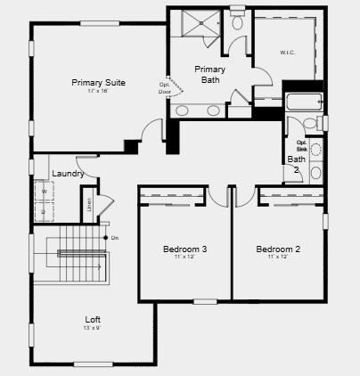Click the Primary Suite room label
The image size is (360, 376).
tap(98, 83)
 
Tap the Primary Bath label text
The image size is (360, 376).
tap(209, 74)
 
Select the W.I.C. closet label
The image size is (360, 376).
tap(287, 52)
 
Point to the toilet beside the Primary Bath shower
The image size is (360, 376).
tap(237, 22)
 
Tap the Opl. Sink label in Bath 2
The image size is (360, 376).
tap(301, 145)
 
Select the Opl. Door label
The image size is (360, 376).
tap(165, 87)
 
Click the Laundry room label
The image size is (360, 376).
tap(68, 174)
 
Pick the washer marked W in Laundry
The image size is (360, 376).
tap(43, 191)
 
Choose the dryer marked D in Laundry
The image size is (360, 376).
tap(43, 212)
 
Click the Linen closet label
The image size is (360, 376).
tap(90, 204)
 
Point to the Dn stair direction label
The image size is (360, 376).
tap(115, 237)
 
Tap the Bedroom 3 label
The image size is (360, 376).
tap(184, 249)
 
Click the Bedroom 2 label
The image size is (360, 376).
tap(278, 249)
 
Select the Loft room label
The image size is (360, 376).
tap(93, 319)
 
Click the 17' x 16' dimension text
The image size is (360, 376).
tap(98, 92)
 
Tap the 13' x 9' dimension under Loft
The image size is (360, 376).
tap(93, 328)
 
